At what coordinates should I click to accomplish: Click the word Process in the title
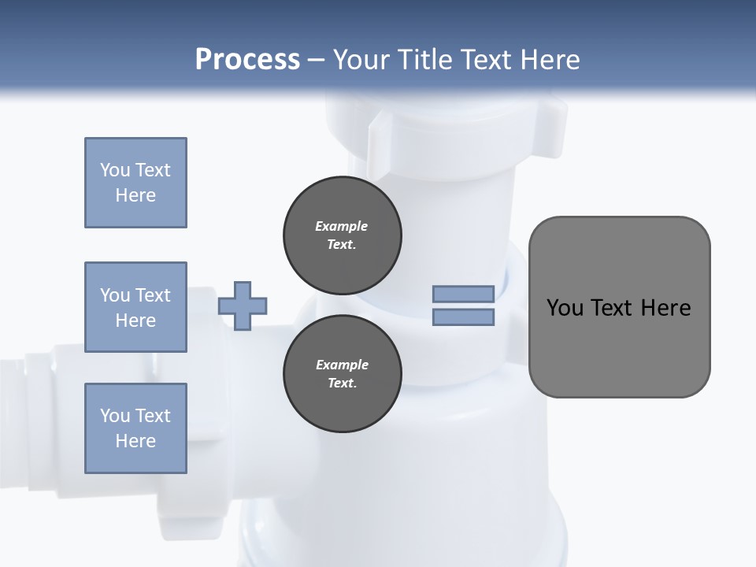coord(247,59)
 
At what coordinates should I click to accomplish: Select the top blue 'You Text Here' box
coord(135,183)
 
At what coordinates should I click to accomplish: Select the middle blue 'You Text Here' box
coord(135,307)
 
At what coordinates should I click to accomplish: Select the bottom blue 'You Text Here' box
coord(135,428)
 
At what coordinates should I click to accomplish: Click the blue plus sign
coord(243,306)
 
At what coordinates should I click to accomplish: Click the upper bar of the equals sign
coord(463,294)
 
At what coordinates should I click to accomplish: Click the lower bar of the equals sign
coord(463,317)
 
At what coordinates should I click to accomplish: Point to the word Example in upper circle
coord(342,226)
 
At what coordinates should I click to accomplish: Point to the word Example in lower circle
coord(342,365)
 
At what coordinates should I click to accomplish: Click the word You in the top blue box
coord(115,170)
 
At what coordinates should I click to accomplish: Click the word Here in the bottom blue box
coord(135,441)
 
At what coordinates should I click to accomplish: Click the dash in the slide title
coord(316,60)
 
